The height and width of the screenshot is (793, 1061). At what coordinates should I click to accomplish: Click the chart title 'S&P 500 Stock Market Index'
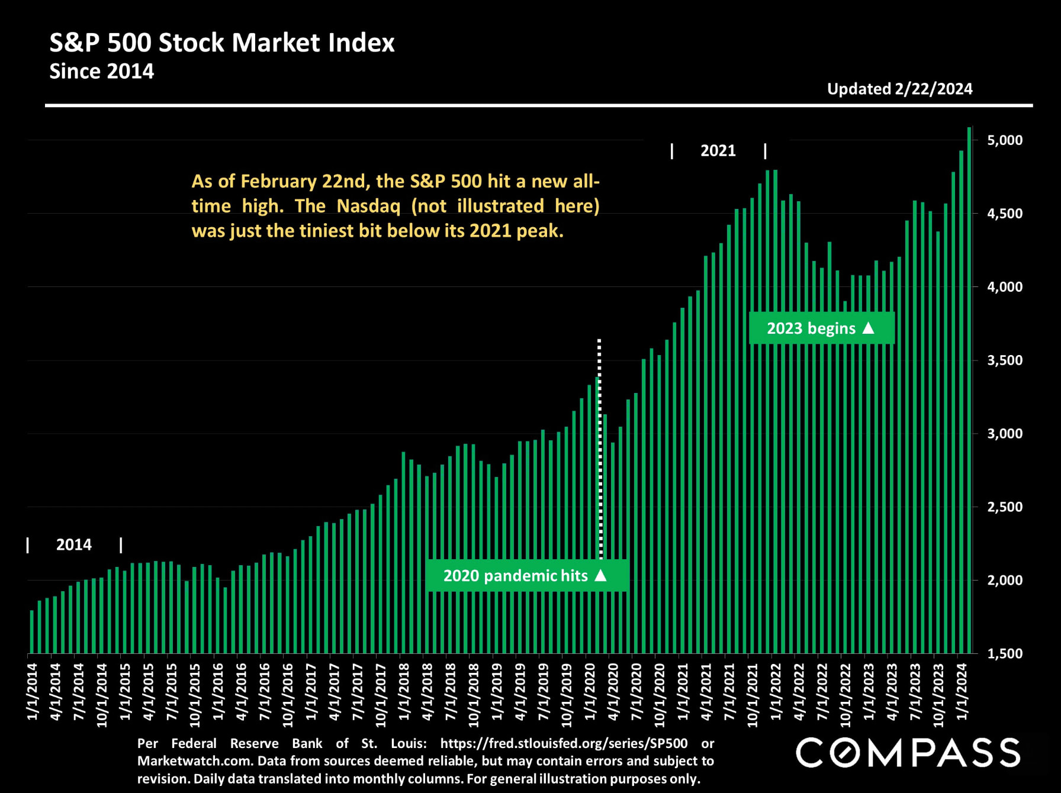click(221, 43)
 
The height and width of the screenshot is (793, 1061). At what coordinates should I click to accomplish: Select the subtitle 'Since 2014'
click(101, 72)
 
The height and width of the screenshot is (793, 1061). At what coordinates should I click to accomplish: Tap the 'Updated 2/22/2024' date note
click(899, 89)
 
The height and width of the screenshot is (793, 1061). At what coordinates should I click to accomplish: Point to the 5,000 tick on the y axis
click(1004, 140)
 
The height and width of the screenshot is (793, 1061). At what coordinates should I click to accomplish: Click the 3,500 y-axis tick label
click(1004, 360)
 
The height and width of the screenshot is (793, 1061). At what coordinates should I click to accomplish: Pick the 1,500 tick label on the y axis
click(1004, 653)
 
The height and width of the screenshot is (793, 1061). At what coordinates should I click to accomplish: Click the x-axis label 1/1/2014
click(32, 691)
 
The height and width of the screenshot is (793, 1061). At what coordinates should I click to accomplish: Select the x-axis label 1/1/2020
click(590, 691)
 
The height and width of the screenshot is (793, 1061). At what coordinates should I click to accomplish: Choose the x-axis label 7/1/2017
click(357, 691)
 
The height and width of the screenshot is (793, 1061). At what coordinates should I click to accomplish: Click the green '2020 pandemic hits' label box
click(526, 575)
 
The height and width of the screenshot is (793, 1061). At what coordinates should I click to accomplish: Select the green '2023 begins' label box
click(821, 328)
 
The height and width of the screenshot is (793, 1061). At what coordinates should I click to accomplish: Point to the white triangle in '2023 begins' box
click(869, 327)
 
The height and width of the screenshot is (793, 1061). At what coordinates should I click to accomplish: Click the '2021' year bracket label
click(718, 151)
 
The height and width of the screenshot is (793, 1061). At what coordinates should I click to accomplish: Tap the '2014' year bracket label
click(73, 544)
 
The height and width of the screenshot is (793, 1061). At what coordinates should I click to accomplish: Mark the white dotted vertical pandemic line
click(600, 450)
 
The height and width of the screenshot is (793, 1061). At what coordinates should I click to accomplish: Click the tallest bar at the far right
click(969, 391)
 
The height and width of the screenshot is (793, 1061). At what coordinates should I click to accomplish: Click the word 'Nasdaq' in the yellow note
click(368, 206)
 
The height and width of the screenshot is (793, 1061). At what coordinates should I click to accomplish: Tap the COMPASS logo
click(907, 753)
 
